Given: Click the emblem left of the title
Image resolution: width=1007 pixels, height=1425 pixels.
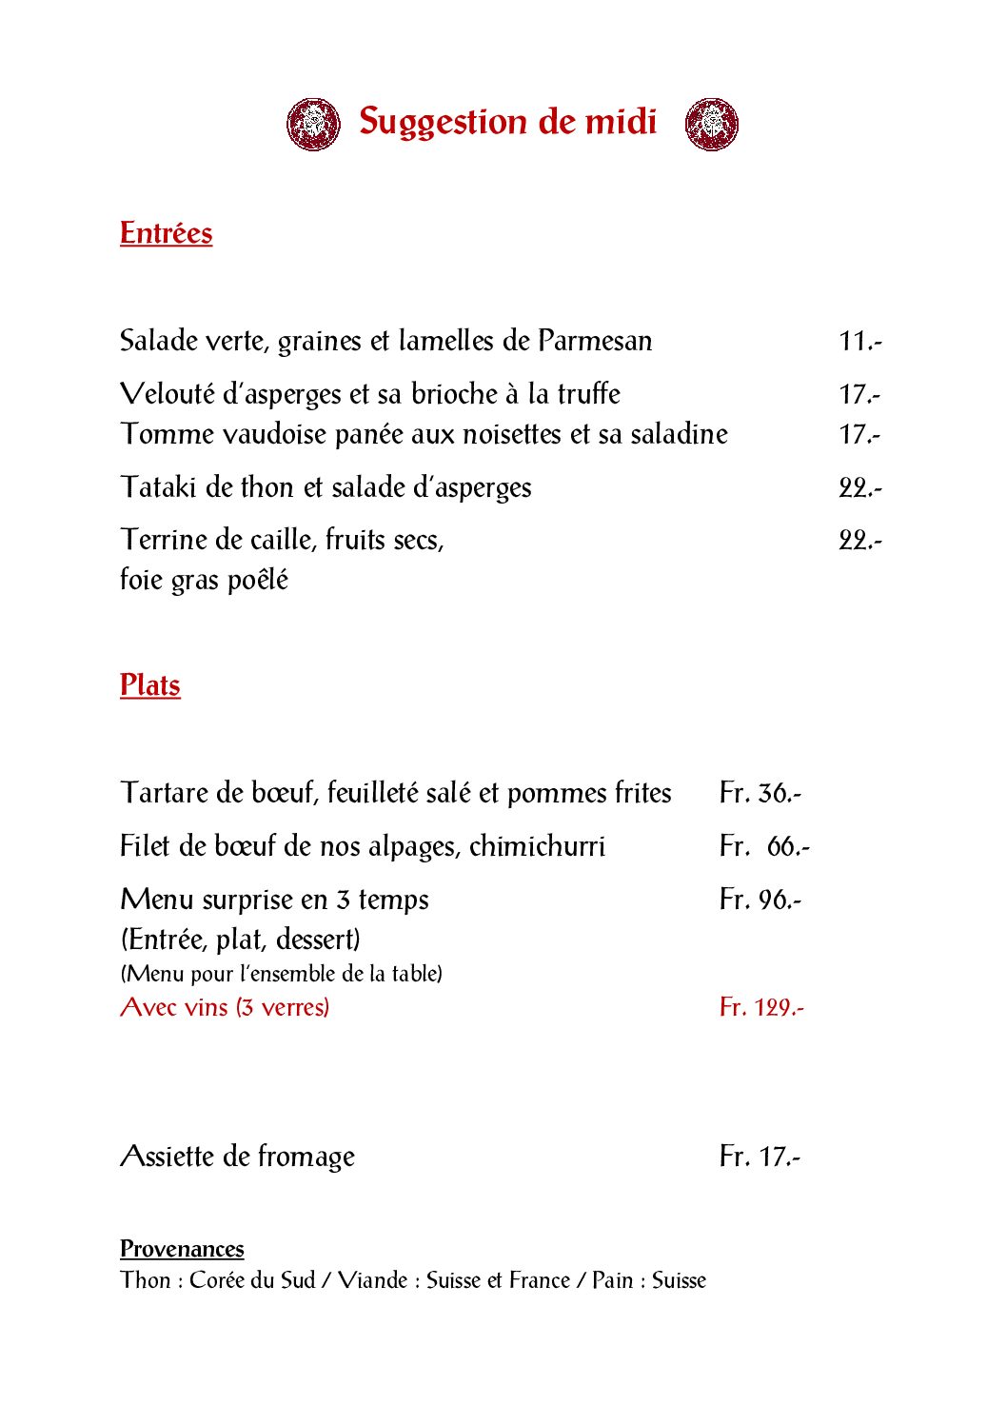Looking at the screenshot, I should [x=313, y=124].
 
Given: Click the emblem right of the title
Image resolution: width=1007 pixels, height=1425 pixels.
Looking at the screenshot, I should [x=711, y=124].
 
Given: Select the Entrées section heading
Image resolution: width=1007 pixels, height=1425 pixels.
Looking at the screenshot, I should [x=166, y=233].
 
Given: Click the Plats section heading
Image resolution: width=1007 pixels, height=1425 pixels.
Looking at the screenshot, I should [x=149, y=685].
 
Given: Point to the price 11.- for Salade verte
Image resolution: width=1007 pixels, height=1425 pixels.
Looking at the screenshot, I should [x=859, y=341].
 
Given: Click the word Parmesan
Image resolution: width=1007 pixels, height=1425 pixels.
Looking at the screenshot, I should [x=595, y=341].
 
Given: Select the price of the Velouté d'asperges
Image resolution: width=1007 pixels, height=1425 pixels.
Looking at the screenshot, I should [x=859, y=394].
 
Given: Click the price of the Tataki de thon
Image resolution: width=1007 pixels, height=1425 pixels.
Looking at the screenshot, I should [x=859, y=487].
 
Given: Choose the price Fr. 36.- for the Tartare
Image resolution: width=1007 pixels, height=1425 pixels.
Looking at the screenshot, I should [x=760, y=793].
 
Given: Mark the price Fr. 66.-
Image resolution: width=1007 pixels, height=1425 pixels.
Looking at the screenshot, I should [x=763, y=846].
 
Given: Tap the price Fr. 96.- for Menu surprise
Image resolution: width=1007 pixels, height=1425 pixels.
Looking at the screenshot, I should [x=760, y=900].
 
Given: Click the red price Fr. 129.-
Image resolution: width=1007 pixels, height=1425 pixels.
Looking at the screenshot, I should [x=760, y=1007].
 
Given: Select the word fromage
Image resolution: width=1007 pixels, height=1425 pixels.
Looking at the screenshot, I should [x=306, y=1157].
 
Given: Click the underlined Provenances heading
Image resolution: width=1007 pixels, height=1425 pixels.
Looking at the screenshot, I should [x=182, y=1249].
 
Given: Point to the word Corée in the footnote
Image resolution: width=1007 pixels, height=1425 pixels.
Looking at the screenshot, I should [x=217, y=1280].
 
